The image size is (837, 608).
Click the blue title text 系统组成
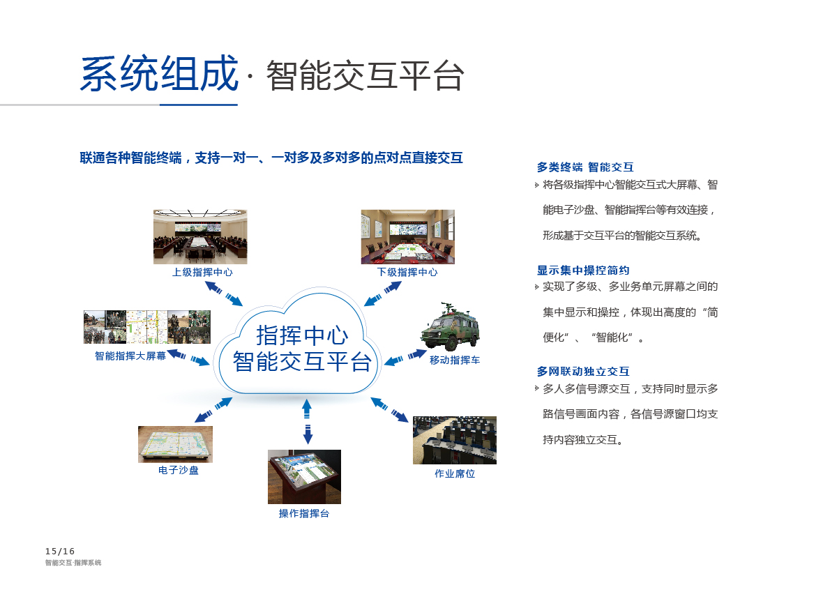(x=160, y=74)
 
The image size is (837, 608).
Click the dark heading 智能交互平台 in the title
(x=365, y=76)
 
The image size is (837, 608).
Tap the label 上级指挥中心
(x=202, y=272)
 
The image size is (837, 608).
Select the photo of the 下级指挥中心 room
(x=407, y=237)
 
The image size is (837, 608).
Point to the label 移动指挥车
(x=455, y=360)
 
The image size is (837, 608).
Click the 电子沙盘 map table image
(x=175, y=444)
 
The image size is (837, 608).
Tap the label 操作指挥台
(x=304, y=513)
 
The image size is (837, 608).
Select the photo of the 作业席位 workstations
(x=455, y=441)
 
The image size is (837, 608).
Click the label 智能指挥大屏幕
(x=130, y=356)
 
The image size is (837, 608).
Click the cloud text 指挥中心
(x=302, y=335)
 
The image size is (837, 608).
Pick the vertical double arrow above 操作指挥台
(x=307, y=422)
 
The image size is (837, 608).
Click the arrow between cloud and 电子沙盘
(x=213, y=410)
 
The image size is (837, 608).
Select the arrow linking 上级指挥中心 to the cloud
(x=224, y=294)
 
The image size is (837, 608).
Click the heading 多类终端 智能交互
(x=585, y=167)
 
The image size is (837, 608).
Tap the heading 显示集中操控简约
(x=583, y=270)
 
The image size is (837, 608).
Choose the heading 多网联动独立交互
(x=583, y=371)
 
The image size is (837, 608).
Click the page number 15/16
(x=60, y=552)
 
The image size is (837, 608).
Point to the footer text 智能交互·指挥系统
(x=73, y=563)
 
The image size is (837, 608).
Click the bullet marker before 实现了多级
(x=536, y=287)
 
